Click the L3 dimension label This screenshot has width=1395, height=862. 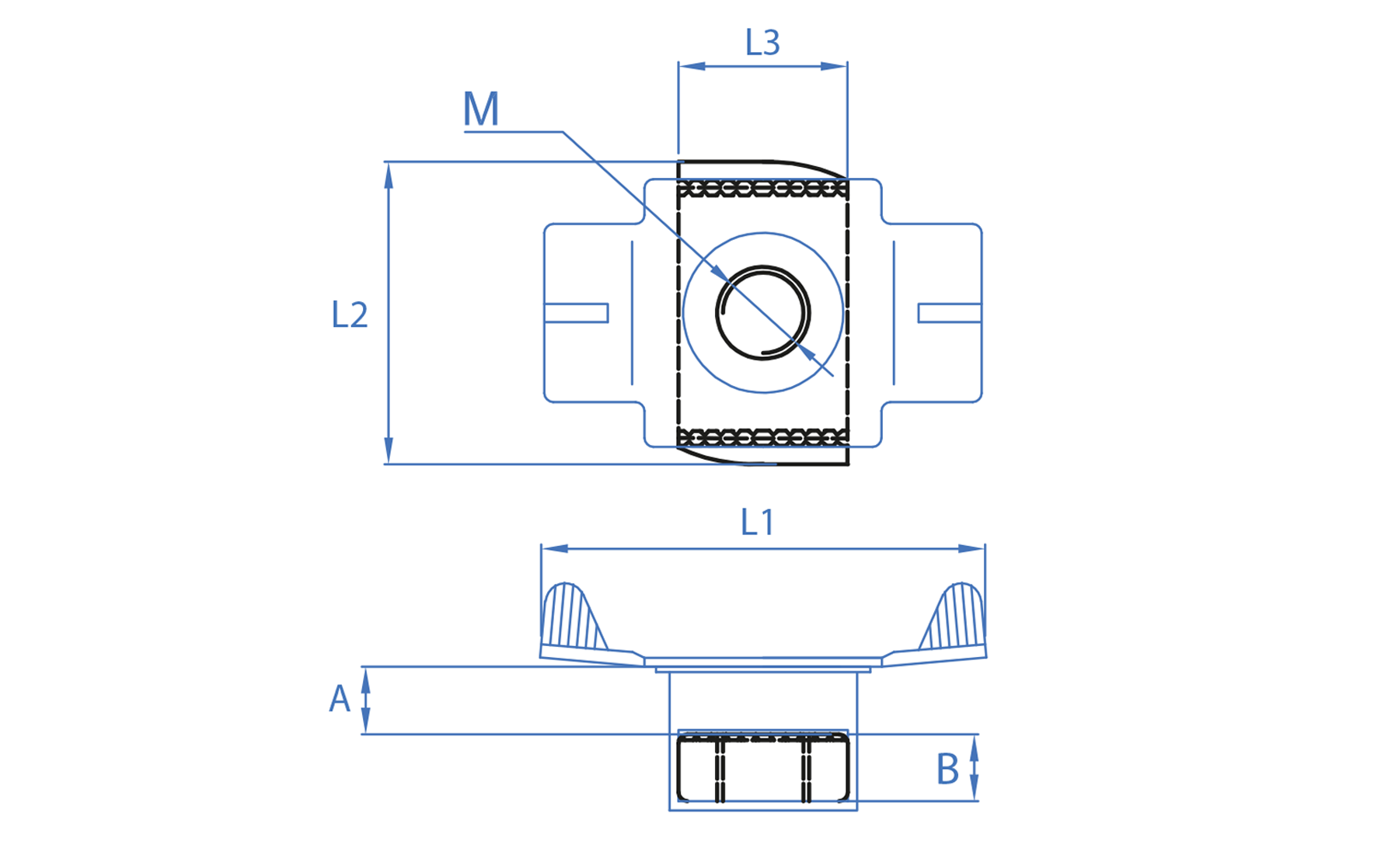(762, 43)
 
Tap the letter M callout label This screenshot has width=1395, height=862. (481, 109)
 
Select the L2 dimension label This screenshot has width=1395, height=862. (349, 315)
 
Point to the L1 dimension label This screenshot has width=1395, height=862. (757, 523)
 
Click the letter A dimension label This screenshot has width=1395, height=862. (340, 699)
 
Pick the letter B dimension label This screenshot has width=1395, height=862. (947, 770)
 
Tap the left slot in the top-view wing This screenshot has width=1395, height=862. (576, 313)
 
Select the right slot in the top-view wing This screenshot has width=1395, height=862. (949, 313)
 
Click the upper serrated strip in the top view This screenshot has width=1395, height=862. (762, 188)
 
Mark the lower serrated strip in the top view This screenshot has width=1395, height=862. (762, 437)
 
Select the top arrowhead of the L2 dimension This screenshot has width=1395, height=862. (389, 176)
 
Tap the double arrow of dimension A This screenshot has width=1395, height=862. (366, 700)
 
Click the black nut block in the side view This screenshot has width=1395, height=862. (762, 769)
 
